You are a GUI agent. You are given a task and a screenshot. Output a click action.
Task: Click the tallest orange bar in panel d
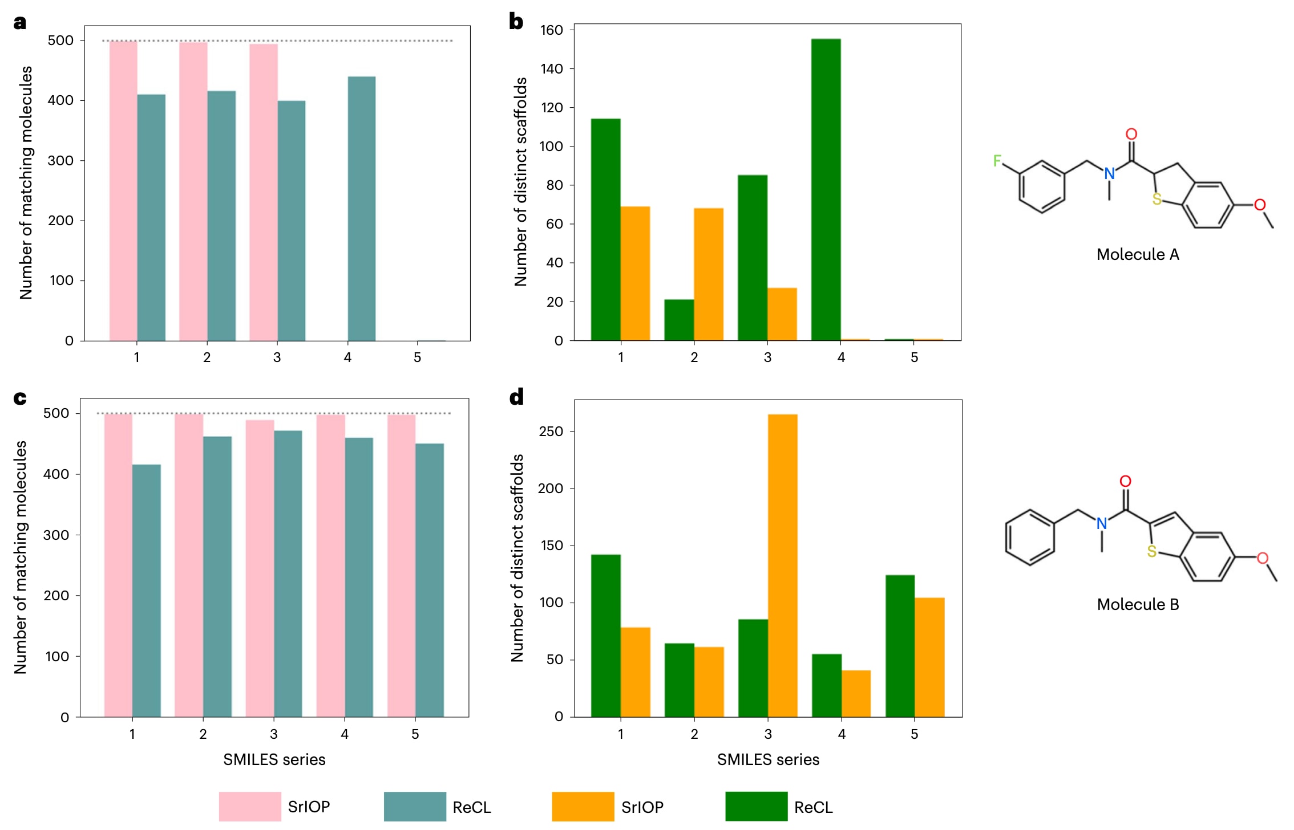tap(782, 564)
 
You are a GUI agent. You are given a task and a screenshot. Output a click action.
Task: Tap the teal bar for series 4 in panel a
tap(362, 209)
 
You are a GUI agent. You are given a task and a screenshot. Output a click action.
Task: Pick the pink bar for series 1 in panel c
tap(118, 564)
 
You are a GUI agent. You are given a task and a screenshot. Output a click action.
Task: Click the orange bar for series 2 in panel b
tap(709, 274)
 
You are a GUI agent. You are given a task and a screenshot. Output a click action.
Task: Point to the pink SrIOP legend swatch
tap(250, 806)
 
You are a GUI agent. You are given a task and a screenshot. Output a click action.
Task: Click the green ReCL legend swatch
tap(756, 806)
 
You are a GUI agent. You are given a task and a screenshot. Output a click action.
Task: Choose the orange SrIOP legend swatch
tap(583, 806)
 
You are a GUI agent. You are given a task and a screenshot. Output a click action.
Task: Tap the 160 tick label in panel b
tap(552, 30)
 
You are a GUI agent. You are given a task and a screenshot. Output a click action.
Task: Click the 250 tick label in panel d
tap(551, 432)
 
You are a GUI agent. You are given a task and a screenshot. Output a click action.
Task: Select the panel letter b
tap(516, 22)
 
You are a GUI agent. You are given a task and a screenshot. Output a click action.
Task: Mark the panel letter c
tap(20, 397)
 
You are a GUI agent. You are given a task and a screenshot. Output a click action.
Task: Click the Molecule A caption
tap(1137, 254)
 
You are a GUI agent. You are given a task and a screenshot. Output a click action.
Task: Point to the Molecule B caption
tap(1138, 604)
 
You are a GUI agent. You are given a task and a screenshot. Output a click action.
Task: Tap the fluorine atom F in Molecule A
tap(997, 161)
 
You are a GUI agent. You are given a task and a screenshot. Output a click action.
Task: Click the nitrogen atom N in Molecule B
tap(1102, 523)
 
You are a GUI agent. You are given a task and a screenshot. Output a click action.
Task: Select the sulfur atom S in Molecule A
tap(1156, 199)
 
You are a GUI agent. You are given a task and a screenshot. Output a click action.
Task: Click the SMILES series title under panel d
tap(768, 759)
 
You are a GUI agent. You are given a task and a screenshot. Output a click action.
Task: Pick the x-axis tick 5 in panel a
tap(418, 357)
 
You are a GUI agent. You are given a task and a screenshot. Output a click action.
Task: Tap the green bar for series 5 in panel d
tap(900, 645)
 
